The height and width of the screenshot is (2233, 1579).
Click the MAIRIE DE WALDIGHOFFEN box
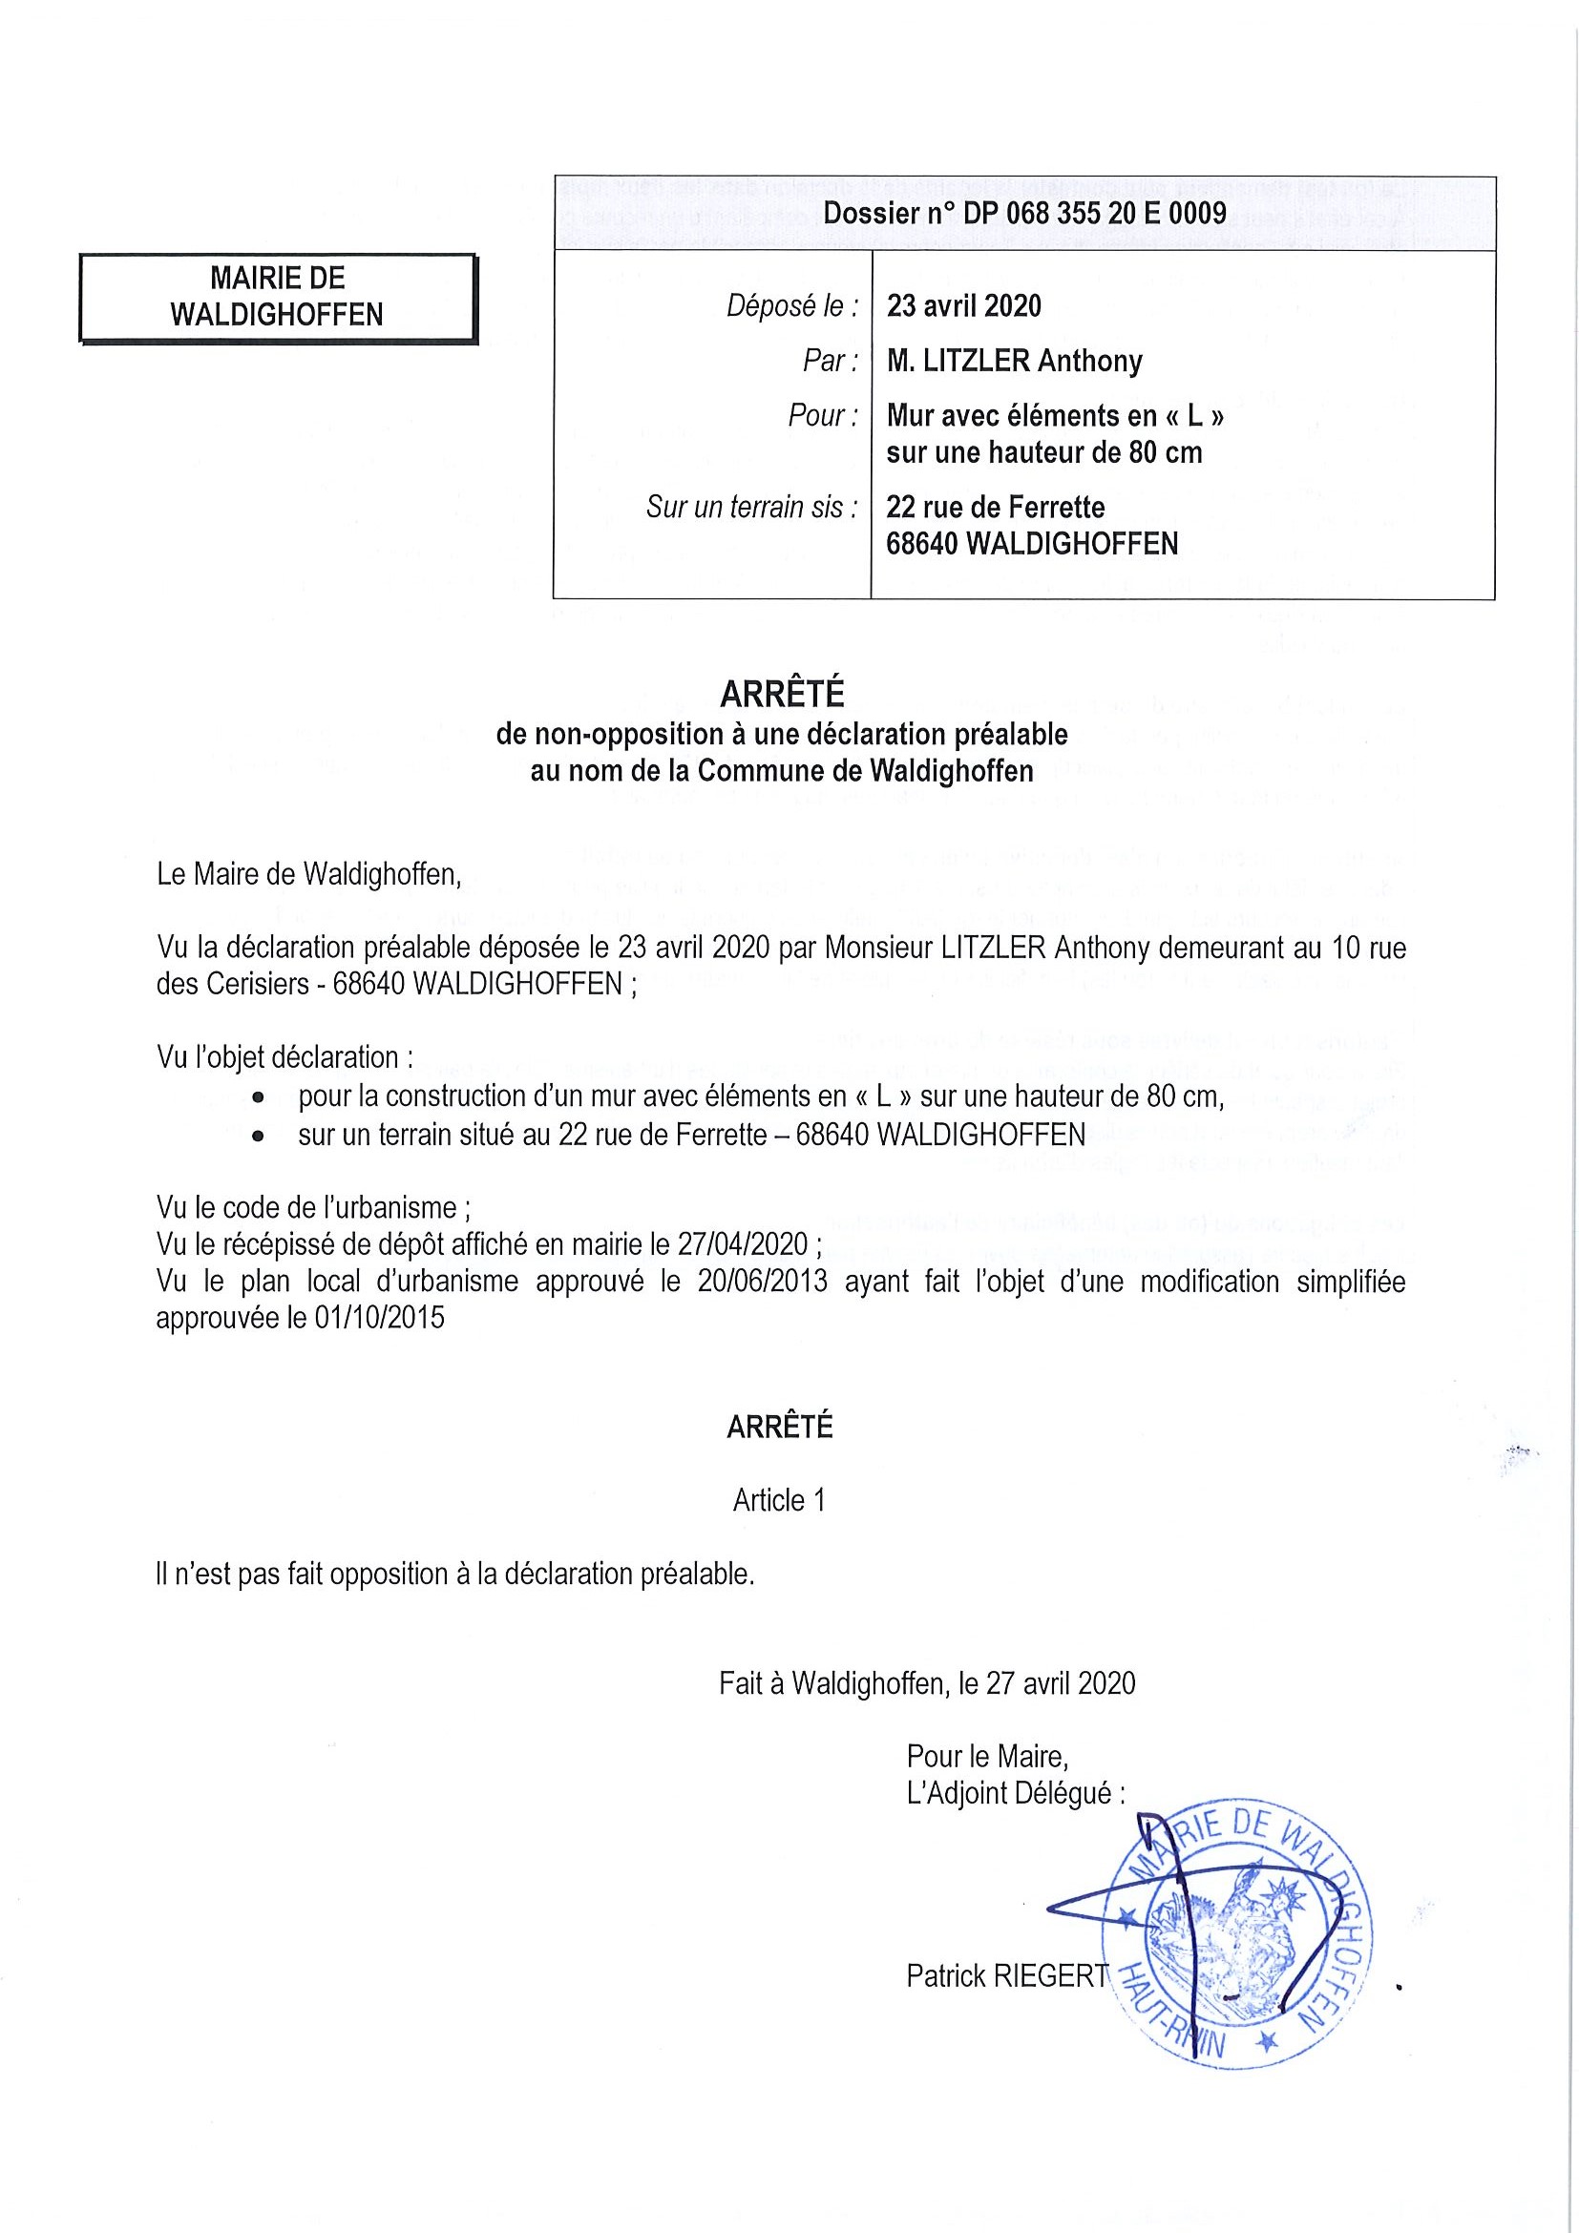[x=277, y=297]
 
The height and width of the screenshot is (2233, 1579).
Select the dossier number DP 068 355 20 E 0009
[x=1024, y=214]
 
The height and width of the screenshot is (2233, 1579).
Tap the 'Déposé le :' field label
[x=792, y=306]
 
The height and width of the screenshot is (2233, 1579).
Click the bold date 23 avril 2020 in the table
[x=963, y=306]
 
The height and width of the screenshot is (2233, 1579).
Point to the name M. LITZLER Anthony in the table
[x=1014, y=361]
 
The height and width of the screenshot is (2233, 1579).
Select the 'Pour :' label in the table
[x=822, y=415]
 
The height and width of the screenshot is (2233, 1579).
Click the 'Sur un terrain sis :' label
[x=752, y=507]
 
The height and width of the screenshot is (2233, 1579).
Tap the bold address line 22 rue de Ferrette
[x=995, y=507]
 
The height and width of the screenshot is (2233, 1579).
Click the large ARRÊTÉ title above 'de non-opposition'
[x=781, y=695]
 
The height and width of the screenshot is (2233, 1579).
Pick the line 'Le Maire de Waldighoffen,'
[x=308, y=874]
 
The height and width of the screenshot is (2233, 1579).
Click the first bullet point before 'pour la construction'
[x=258, y=1097]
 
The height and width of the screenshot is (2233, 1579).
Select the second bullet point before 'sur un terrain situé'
[x=258, y=1135]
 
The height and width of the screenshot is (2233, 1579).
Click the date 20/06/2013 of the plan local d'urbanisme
[x=762, y=1281]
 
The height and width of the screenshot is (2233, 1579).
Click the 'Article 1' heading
[x=778, y=1501]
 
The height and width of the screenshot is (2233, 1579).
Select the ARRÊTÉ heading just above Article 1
[x=779, y=1428]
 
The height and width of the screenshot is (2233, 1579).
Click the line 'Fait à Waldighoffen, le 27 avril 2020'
[x=926, y=1683]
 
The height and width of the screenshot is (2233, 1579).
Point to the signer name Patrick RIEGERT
[x=1006, y=1975]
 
